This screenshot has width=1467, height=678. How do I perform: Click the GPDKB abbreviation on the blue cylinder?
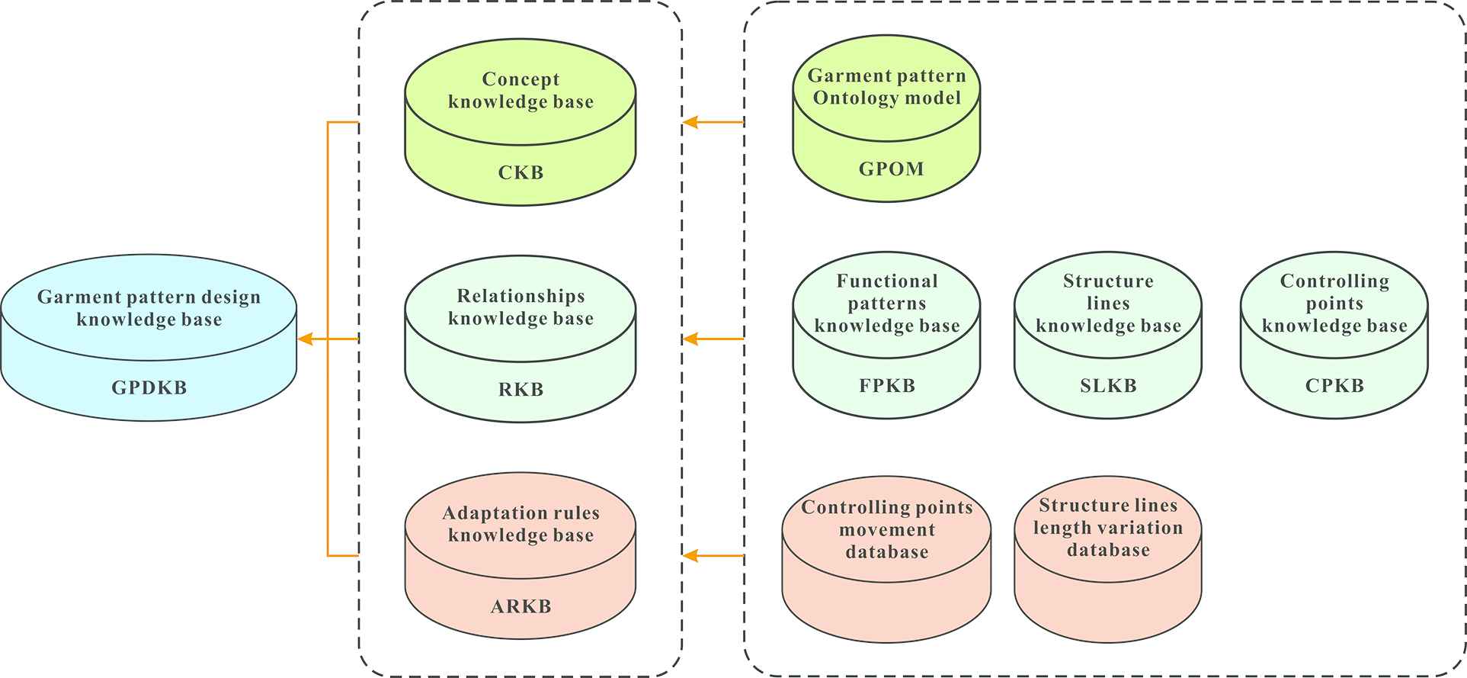[x=149, y=387]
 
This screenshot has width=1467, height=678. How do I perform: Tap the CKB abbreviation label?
[x=520, y=172]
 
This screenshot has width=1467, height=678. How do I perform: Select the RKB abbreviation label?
[x=520, y=389]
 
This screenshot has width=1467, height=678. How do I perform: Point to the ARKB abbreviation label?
[x=520, y=606]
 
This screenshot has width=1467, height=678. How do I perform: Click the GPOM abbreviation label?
[x=891, y=169]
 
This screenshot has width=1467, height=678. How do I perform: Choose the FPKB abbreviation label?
[x=887, y=385]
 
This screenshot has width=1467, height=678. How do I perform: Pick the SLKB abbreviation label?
[x=1108, y=385]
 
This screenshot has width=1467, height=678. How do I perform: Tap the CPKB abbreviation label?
[x=1334, y=385]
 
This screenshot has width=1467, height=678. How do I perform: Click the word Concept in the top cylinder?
[x=520, y=79]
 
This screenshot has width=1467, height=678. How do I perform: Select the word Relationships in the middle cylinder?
[x=520, y=296]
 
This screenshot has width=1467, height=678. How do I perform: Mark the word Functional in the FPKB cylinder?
[x=887, y=281]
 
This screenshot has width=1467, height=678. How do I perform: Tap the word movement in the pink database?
[x=887, y=529]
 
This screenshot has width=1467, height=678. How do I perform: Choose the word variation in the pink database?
[x=1145, y=528]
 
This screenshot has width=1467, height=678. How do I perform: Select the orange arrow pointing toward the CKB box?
[x=713, y=122]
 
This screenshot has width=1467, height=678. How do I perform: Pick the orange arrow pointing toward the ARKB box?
[x=713, y=556]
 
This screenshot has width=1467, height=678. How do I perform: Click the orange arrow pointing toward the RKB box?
[x=713, y=339]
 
